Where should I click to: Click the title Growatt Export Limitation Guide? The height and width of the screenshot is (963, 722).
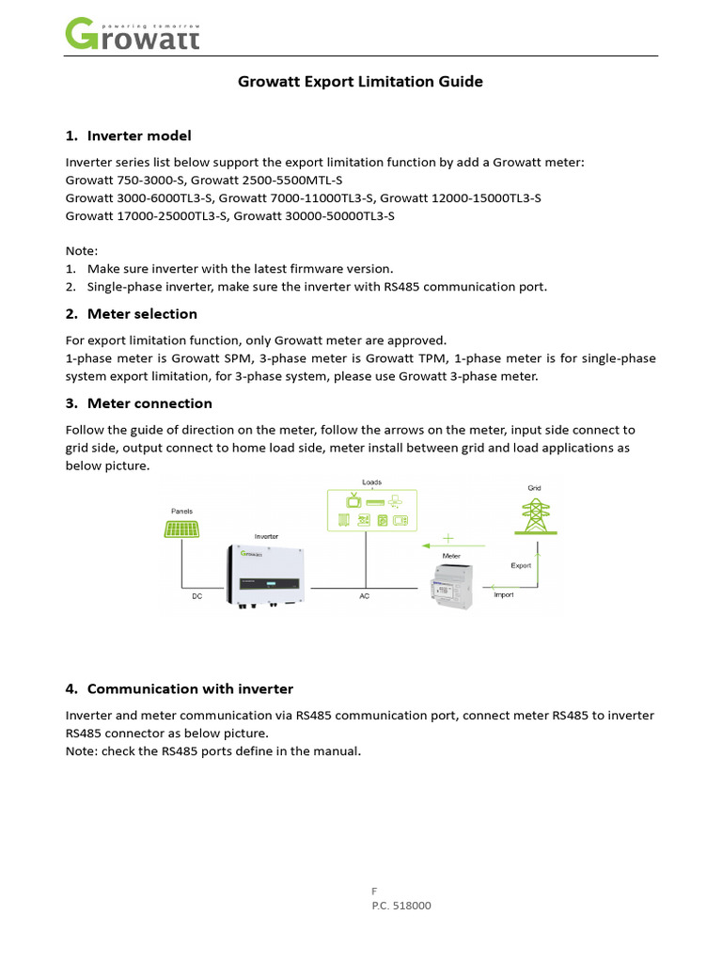click(x=361, y=82)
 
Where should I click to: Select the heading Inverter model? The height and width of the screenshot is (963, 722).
click(x=139, y=136)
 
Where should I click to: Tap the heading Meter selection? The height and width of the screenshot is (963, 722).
click(x=142, y=313)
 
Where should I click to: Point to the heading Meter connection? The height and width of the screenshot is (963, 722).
click(x=149, y=403)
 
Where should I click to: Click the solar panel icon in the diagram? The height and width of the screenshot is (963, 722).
click(x=181, y=529)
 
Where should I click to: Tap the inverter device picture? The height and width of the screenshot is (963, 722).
click(x=265, y=576)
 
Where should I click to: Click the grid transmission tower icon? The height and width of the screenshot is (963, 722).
click(x=535, y=518)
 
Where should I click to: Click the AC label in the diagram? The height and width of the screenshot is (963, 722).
click(x=364, y=596)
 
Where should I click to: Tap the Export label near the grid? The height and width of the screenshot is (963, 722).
click(x=521, y=565)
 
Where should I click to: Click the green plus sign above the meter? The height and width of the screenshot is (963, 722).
click(x=447, y=539)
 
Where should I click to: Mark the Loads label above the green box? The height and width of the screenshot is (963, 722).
click(x=371, y=481)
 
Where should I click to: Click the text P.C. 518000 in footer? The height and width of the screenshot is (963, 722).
click(x=401, y=906)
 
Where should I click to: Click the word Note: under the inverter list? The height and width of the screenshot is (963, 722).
click(x=81, y=251)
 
